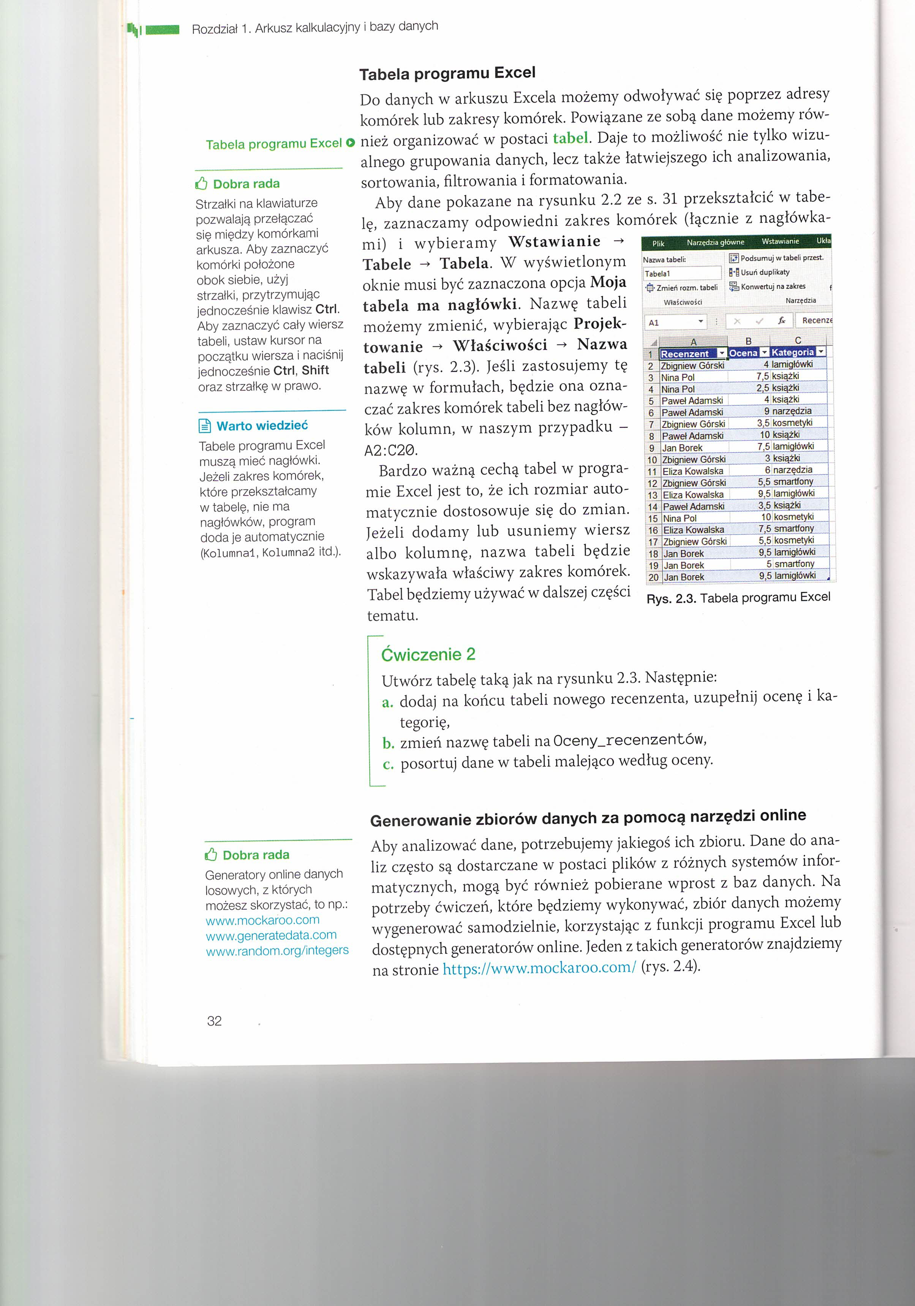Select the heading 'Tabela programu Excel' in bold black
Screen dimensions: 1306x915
(447, 73)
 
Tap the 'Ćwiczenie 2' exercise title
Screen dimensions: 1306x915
(428, 654)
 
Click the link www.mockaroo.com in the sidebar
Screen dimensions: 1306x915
(262, 920)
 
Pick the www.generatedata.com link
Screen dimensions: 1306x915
(271, 935)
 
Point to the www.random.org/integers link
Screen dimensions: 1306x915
(277, 950)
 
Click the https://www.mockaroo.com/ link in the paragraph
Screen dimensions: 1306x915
(539, 968)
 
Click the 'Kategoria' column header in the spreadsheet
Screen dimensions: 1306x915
(792, 353)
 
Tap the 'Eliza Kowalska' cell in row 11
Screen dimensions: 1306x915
(693, 471)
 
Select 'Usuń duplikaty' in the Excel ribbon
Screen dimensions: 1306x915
(764, 272)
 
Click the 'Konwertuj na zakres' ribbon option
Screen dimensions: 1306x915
(772, 287)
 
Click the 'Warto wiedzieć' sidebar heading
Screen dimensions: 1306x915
(262, 426)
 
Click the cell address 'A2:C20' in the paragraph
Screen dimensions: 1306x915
(391, 451)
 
